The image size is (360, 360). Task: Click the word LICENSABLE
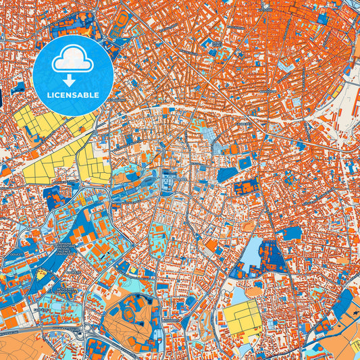[x=72, y=95]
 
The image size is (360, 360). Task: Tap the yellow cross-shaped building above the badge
[x=86, y=32]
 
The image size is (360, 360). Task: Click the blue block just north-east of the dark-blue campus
[x=292, y=233]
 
